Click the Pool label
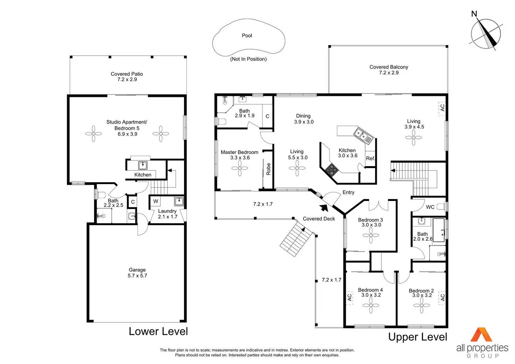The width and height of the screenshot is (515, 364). pos(247,35)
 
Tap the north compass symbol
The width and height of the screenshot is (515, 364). pos(486,34)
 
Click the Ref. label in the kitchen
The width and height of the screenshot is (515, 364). pos(370,159)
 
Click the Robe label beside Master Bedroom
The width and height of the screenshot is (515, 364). pos(268,169)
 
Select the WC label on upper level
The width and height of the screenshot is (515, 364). pos(430,207)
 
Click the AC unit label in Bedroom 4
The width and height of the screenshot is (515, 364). pos(349,297)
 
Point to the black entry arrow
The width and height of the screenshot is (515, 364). pos(324,208)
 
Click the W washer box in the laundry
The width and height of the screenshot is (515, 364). pos(156,201)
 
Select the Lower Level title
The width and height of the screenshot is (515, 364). pos(158,331)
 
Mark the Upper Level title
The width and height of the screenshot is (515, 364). pos(417,337)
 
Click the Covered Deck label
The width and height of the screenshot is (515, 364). pos(319,219)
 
